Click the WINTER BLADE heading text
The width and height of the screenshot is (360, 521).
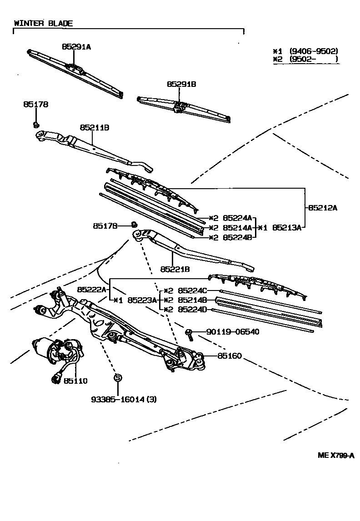(x=43, y=23)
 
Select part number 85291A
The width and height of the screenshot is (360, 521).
(x=76, y=46)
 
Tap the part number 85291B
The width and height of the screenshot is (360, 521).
(x=181, y=84)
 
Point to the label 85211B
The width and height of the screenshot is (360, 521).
(x=95, y=128)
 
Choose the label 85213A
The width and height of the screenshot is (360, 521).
(x=287, y=228)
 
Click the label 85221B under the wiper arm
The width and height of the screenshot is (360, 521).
(x=175, y=269)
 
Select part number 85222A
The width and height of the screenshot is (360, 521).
(x=91, y=290)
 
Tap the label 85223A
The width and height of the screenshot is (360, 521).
(x=142, y=300)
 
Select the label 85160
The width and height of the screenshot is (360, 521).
(x=230, y=356)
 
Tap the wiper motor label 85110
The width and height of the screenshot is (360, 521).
(x=75, y=381)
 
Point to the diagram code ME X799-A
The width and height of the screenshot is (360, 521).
(x=335, y=456)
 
